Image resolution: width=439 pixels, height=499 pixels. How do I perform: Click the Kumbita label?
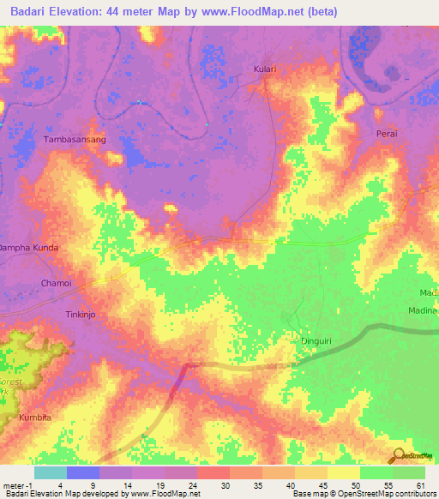tap(35, 417)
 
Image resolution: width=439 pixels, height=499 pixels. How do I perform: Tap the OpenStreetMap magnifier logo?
tap(397, 456)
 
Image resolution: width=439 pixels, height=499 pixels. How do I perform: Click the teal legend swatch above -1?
tap(50, 472)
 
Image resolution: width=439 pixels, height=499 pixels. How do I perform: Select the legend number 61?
tap(420, 484)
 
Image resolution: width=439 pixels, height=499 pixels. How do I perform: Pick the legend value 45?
tap(323, 484)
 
